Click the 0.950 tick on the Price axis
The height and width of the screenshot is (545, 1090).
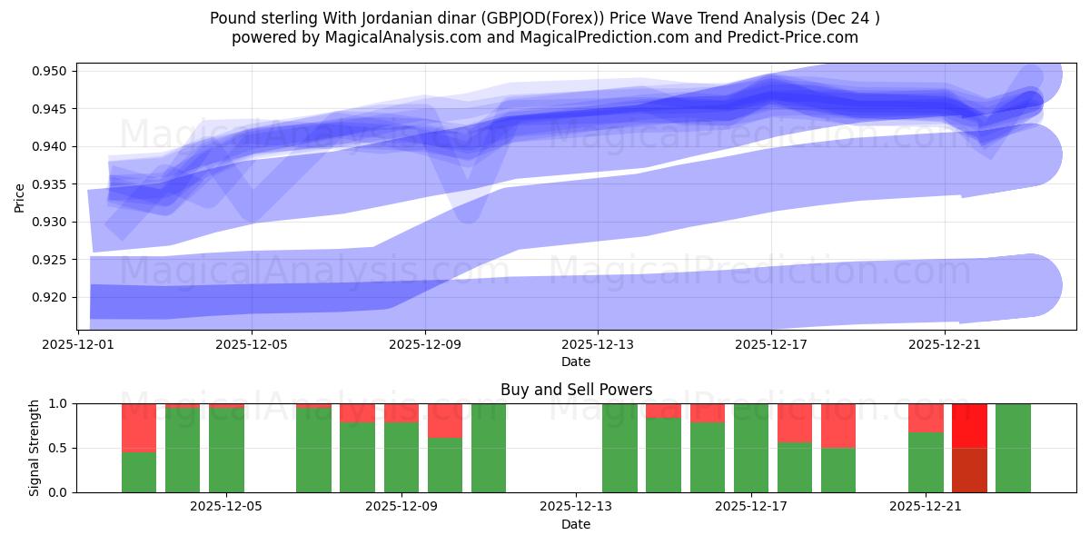(x=53, y=71)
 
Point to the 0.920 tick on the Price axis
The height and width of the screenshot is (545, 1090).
(x=53, y=297)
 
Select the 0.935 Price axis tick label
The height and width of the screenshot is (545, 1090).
(x=53, y=184)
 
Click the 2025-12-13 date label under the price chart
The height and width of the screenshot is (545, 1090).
(x=598, y=345)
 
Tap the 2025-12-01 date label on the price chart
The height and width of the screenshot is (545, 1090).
(x=78, y=345)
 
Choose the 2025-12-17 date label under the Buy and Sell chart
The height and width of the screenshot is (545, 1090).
(x=751, y=507)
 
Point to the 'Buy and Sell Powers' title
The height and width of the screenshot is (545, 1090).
(x=576, y=390)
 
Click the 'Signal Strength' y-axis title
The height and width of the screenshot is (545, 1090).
(x=34, y=448)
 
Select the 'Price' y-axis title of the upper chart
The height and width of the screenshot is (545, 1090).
(x=20, y=196)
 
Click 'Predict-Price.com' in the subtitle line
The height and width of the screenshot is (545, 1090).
(x=797, y=37)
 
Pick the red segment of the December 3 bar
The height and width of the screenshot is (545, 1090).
(x=139, y=427)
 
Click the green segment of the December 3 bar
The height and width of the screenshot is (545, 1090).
(x=139, y=472)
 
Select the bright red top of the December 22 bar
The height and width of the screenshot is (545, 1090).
(x=969, y=425)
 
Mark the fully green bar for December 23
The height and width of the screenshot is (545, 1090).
(x=1013, y=448)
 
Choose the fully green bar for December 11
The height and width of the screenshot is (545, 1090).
(x=489, y=448)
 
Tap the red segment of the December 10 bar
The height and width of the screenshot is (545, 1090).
(x=445, y=421)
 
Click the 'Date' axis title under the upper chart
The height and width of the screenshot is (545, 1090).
(x=576, y=362)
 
